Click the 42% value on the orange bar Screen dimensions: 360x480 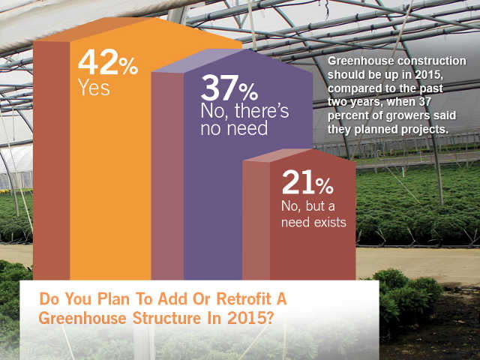tap(108, 63)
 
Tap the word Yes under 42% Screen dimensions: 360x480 tap(94, 88)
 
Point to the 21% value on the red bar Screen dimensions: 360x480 tap(307, 182)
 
